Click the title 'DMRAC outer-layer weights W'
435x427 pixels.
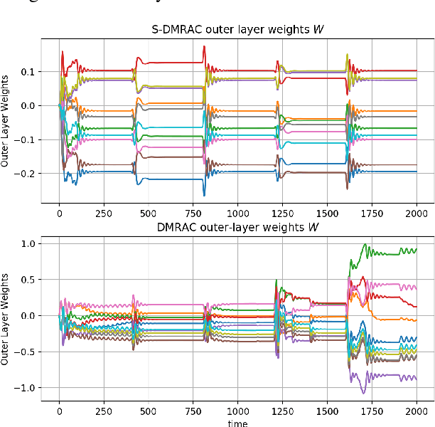click(237, 227)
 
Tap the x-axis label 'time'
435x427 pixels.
click(238, 422)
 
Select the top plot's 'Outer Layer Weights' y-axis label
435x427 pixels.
click(6, 122)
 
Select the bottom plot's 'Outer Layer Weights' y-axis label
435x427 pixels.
click(6, 320)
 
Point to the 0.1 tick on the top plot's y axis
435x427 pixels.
click(27, 72)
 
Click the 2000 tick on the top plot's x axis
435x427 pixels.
click(417, 213)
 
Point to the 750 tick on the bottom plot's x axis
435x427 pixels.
click(193, 410)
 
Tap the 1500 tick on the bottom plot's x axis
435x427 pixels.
click(327, 410)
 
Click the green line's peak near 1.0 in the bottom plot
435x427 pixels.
click(365, 244)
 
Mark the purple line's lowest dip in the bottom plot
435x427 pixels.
click(363, 393)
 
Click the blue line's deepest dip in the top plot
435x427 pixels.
click(204, 195)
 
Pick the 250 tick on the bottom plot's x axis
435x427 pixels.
click(104, 410)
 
